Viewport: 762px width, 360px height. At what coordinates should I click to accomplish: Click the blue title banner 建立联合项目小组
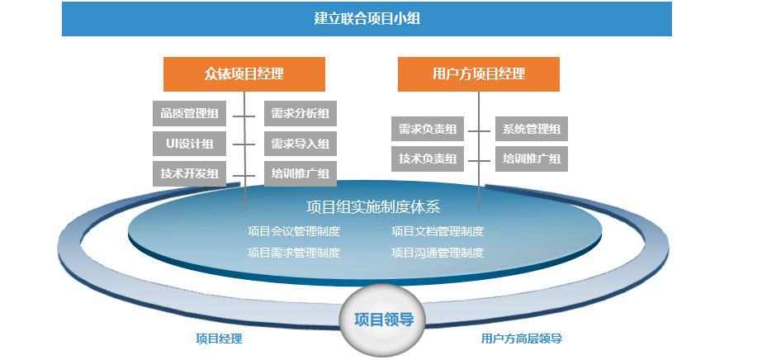pyautogui.click(x=367, y=19)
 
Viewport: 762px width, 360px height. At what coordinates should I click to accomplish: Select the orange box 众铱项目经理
pyautogui.click(x=244, y=74)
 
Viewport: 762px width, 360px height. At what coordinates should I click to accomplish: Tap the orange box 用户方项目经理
pyautogui.click(x=479, y=74)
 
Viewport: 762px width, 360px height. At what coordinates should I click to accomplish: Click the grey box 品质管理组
pyautogui.click(x=190, y=114)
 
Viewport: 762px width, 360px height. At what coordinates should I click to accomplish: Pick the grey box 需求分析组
pyautogui.click(x=301, y=114)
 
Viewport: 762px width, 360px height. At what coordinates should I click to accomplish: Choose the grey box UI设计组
pyautogui.click(x=190, y=144)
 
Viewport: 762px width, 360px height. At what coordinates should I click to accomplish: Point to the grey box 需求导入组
pyautogui.click(x=301, y=144)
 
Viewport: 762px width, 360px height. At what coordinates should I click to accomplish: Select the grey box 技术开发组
pyautogui.click(x=190, y=173)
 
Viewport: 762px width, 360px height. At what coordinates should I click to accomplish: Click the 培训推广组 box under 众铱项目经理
pyautogui.click(x=301, y=173)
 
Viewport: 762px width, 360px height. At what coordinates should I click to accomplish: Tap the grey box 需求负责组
pyautogui.click(x=428, y=129)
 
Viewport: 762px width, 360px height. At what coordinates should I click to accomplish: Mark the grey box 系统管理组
pyautogui.click(x=532, y=129)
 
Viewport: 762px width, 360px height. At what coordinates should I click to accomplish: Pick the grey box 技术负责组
pyautogui.click(x=428, y=159)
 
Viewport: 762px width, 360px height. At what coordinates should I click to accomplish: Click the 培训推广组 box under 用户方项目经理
pyautogui.click(x=532, y=159)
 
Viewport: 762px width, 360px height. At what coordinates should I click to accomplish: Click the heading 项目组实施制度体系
pyautogui.click(x=373, y=207)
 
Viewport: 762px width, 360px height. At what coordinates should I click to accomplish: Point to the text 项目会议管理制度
pyautogui.click(x=294, y=231)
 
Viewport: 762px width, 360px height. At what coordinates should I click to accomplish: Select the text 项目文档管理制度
pyautogui.click(x=438, y=231)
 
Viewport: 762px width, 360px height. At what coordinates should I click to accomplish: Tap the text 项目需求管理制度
pyautogui.click(x=294, y=253)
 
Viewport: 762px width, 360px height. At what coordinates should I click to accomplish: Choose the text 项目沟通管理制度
pyautogui.click(x=438, y=253)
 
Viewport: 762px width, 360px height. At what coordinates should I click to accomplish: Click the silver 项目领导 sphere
pyautogui.click(x=383, y=320)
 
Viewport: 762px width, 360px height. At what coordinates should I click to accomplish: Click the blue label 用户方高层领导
pyautogui.click(x=522, y=339)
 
